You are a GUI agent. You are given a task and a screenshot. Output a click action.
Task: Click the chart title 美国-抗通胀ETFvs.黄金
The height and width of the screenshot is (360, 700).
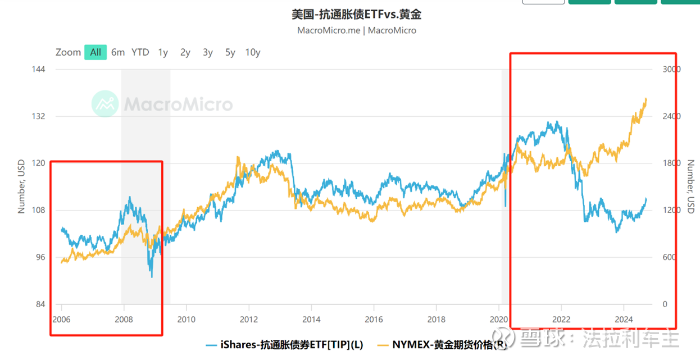tap(356, 14)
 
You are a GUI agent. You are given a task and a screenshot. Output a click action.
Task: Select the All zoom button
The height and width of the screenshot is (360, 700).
tap(96, 52)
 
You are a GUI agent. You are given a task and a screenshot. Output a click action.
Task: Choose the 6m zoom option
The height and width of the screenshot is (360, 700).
tap(118, 52)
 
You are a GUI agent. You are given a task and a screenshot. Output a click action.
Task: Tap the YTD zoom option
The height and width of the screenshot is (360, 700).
tap(140, 52)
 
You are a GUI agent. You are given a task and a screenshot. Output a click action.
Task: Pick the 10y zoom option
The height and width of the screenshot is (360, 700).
tap(253, 52)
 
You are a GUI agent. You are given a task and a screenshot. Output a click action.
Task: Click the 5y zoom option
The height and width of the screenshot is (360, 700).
tap(230, 52)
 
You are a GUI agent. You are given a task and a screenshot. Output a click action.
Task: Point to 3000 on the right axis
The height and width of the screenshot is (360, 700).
tap(671, 69)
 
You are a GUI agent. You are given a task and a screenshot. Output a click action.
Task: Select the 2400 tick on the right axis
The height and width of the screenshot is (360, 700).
tap(671, 116)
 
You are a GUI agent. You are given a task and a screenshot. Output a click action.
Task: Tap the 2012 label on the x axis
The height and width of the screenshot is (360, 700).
tap(249, 320)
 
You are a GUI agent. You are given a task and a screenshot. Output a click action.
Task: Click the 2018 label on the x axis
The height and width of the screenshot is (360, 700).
tap(437, 320)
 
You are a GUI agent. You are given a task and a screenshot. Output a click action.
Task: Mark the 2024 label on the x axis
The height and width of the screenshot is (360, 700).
tap(624, 320)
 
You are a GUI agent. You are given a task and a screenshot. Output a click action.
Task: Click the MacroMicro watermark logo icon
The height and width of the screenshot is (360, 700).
tap(105, 104)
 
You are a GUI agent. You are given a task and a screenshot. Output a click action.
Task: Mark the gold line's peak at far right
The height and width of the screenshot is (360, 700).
tap(646, 99)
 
